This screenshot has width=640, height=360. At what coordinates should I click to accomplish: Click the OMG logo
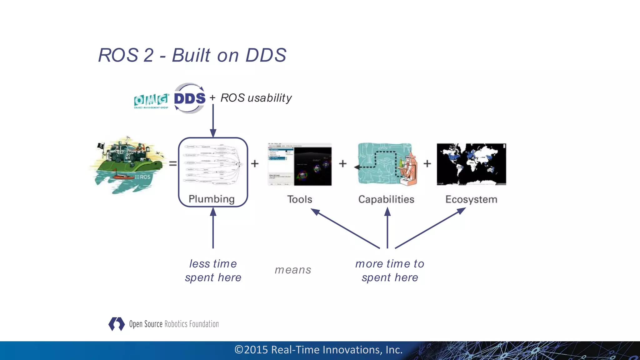coord(151,101)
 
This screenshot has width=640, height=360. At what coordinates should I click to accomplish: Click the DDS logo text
coord(190,98)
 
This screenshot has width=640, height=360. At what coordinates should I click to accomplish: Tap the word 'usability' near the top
coord(269,98)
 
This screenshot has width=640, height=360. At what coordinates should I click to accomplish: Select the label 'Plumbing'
coord(212,199)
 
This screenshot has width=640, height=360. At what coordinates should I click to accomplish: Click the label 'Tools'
coord(300,199)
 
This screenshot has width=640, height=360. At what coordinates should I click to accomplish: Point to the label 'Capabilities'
coord(386,199)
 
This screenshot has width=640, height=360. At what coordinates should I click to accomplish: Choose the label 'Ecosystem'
coord(471,199)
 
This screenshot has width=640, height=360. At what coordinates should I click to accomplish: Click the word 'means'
coord(293,270)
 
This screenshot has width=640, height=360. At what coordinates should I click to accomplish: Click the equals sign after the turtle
coord(173,163)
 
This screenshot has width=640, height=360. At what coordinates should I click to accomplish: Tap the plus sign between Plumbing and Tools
coord(255,163)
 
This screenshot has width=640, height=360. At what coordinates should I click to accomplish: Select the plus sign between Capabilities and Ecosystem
coord(427,163)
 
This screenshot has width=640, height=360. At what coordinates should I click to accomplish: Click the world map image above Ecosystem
coord(471,164)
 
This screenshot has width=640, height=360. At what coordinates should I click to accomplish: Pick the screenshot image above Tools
coord(300,164)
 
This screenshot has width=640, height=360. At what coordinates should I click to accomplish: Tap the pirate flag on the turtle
coord(101,146)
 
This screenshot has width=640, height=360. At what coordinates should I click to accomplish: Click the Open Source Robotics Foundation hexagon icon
coord(117,324)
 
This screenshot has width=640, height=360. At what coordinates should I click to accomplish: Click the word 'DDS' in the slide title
coord(266,55)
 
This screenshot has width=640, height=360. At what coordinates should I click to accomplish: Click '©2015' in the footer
coord(252,350)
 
